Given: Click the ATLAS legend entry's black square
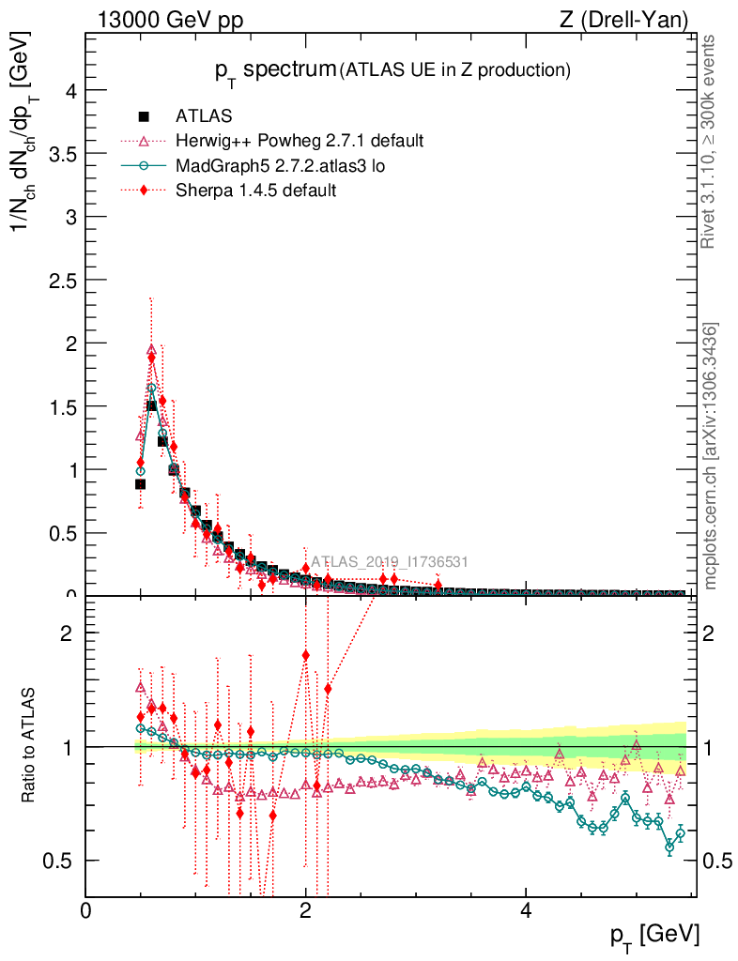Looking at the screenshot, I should click(144, 116).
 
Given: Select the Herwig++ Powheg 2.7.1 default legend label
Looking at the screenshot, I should click(300, 141).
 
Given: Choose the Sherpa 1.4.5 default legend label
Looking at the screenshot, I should click(255, 190).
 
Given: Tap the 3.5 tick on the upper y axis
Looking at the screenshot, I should click(63, 153).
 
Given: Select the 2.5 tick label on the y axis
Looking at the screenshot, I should click(63, 280).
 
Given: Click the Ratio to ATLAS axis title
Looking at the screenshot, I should click(29, 746).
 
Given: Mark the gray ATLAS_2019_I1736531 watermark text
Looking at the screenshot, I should click(390, 562).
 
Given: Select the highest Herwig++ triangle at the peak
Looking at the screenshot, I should click(151, 349).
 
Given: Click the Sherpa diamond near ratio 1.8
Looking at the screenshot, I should click(305, 655).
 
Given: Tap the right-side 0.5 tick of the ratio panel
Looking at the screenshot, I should click(716, 861).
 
